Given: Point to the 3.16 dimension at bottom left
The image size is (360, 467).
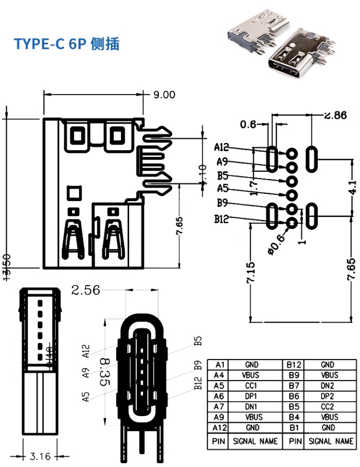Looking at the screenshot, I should point(40,456).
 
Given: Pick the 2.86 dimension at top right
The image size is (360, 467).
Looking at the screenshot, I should point(335,115).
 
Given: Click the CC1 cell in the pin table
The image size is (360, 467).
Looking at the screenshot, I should point(252,386).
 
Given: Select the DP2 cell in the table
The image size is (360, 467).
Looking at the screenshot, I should point(327,396).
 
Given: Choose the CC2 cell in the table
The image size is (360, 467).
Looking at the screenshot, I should point(327,407).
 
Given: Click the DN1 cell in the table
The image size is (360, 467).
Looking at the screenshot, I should point(252,407).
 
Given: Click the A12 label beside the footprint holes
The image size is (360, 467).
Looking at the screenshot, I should point(221,148).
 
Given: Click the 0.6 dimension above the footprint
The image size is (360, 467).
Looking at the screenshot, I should point(247,124).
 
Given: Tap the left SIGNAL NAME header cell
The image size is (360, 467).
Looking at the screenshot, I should point(255,441).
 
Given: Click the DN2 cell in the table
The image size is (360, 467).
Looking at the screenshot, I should point(327,386).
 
